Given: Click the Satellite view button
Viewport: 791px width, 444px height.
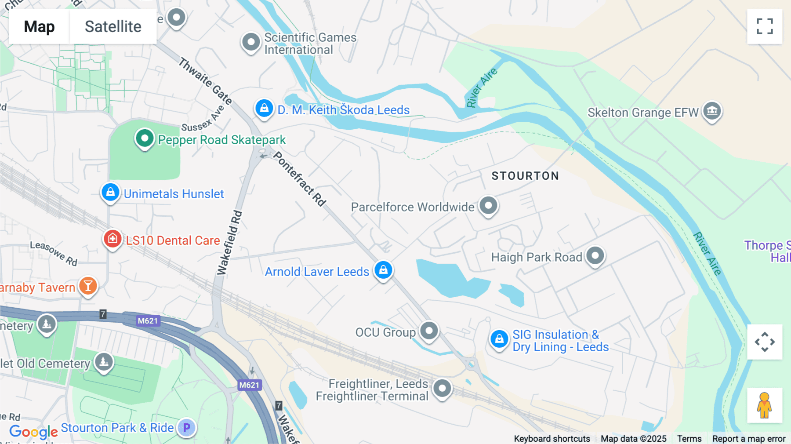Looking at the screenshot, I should [x=113, y=26].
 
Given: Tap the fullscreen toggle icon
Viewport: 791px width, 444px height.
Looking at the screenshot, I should [x=765, y=26].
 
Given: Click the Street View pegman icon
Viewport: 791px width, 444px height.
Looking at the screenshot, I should [x=765, y=405].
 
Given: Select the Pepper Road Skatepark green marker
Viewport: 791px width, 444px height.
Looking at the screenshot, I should [x=144, y=138].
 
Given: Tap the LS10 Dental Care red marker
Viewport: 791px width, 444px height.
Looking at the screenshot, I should [x=112, y=239].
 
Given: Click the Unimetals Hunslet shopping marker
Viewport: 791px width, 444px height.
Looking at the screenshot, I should [x=110, y=193].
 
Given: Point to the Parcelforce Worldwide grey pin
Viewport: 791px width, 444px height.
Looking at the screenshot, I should [x=488, y=205].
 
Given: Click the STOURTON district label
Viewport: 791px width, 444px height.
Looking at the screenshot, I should [x=525, y=176].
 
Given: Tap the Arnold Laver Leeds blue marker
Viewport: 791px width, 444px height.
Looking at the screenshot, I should [x=383, y=270].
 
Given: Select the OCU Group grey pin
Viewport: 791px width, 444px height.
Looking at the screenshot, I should [x=429, y=331].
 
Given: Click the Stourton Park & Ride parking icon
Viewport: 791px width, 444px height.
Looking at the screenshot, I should [x=187, y=427].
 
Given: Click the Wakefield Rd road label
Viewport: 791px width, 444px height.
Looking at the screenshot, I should [x=230, y=243].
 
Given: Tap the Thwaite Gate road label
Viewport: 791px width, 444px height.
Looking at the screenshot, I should [x=205, y=81].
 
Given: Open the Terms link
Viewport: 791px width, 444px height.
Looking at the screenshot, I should [x=689, y=439].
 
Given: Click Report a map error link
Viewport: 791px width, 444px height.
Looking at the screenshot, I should [x=749, y=439].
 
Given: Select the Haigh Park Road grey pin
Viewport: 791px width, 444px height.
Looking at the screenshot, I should [x=595, y=255].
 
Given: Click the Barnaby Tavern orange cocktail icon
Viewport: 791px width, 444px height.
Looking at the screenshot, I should [x=88, y=286].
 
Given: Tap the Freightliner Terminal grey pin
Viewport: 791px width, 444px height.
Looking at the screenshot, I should [x=442, y=389].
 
